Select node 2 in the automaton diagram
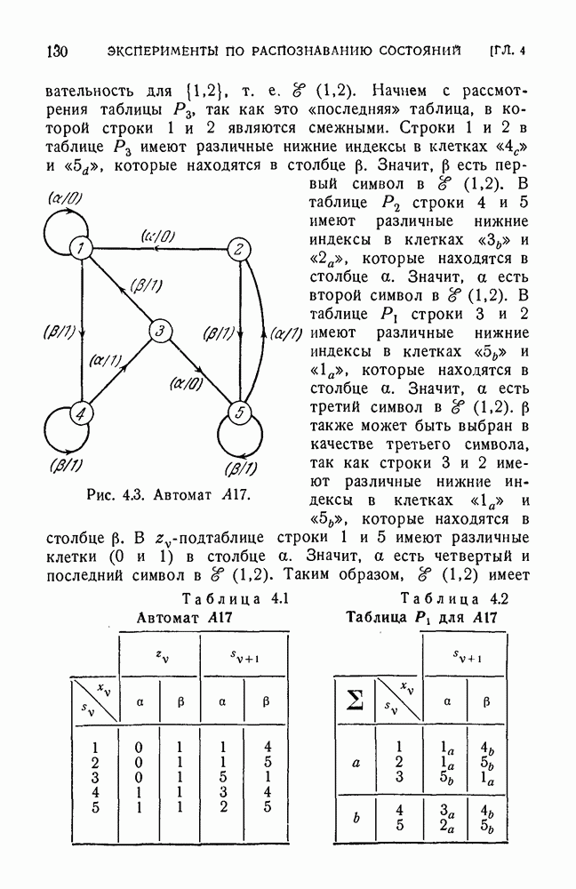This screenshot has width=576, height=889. pyautogui.click(x=237, y=249)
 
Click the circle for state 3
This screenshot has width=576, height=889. pyautogui.click(x=159, y=332)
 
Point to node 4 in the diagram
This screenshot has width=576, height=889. pyautogui.click(x=81, y=413)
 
